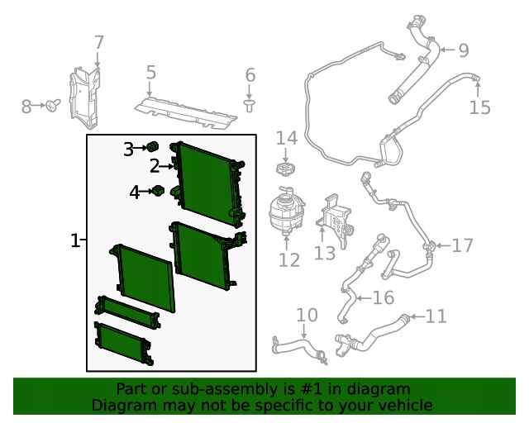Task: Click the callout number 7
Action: click(x=98, y=43)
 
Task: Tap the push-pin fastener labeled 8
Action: click(x=53, y=105)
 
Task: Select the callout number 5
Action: click(x=150, y=73)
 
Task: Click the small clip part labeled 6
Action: click(x=250, y=105)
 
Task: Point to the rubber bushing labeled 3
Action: click(x=152, y=147)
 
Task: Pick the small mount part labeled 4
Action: click(x=158, y=191)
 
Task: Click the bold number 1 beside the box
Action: click(x=75, y=240)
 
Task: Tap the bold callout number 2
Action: click(x=155, y=166)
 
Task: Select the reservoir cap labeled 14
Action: click(x=286, y=169)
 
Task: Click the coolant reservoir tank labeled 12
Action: click(x=287, y=211)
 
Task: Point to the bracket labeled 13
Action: click(x=335, y=219)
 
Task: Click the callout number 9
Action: click(x=464, y=50)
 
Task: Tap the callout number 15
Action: click(x=479, y=107)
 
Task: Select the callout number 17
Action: click(x=463, y=245)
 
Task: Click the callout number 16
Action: click(x=384, y=297)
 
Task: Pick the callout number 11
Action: click(x=436, y=316)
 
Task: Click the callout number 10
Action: click(x=307, y=315)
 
